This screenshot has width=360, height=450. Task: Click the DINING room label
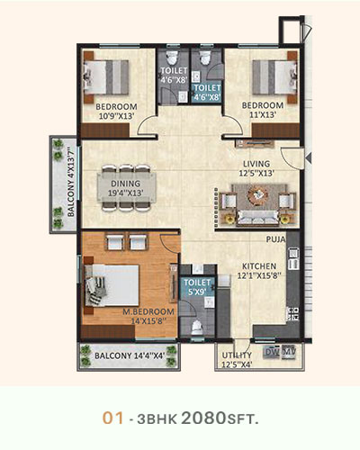pyautogui.click(x=126, y=184)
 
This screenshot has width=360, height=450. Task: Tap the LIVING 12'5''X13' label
pyautogui.click(x=256, y=168)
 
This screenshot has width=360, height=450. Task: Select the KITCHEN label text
pyautogui.click(x=259, y=266)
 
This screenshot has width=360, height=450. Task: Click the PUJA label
pyautogui.click(x=275, y=239)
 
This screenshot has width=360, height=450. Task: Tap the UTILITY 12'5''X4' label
pyautogui.click(x=237, y=360)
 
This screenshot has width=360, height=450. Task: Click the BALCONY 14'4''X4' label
pyautogui.click(x=130, y=355)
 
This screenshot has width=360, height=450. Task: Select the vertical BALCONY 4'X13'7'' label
pyautogui.click(x=70, y=182)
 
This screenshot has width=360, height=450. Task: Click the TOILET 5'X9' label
pyautogui.click(x=197, y=287)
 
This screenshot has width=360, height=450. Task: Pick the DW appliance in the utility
pyautogui.click(x=271, y=352)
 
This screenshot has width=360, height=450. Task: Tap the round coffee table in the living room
pyautogui.click(x=257, y=195)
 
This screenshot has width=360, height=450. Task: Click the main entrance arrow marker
pyautogui.click(x=308, y=157)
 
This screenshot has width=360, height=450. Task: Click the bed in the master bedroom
pyautogui.click(x=112, y=285)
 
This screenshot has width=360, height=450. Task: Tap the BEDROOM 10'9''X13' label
pyautogui.click(x=116, y=112)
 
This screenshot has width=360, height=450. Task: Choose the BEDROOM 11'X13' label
pyautogui.click(x=263, y=110)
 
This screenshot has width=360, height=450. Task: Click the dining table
pyautogui.click(x=127, y=188)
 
